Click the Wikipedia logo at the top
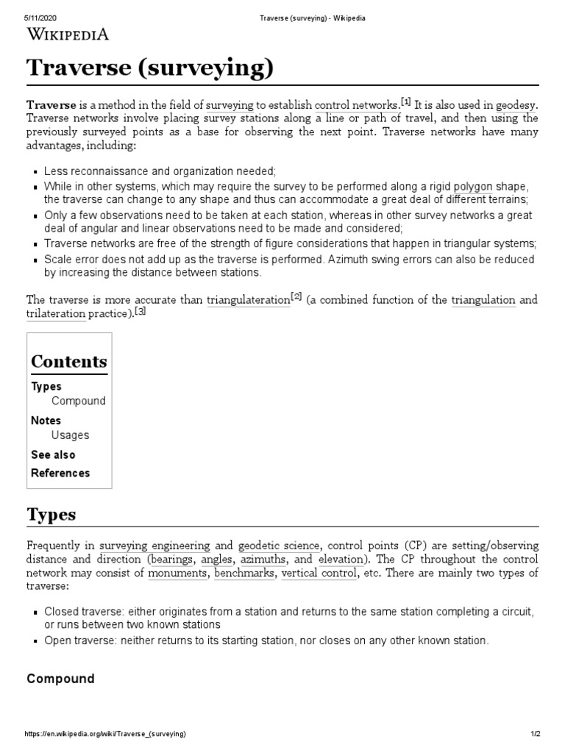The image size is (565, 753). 68,34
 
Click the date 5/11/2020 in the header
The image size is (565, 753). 42,18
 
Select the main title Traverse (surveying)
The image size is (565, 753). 150,69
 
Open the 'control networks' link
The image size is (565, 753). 356,105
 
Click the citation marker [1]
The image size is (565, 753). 405,101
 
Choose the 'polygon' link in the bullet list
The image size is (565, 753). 473,187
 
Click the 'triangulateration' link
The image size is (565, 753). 248,300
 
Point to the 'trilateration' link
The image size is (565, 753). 56,314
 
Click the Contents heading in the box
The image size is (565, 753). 69,362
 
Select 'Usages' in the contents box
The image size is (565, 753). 71,435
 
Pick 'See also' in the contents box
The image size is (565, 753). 53,454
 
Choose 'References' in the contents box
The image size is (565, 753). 60,473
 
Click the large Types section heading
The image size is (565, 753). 51,514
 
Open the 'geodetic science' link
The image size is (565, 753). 279,546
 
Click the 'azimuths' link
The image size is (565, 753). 263,559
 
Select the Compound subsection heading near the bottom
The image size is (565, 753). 60,679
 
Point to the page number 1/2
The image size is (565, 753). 535,735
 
